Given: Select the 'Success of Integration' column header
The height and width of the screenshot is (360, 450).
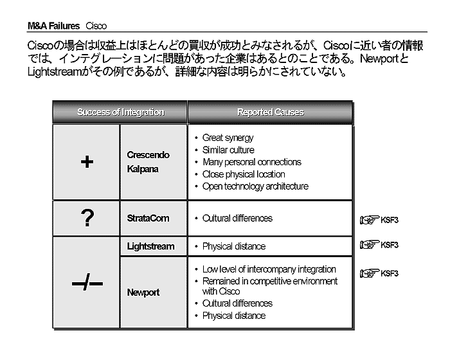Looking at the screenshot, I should [120, 112].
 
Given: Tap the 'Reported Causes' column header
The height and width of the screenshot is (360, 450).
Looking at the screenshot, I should [270, 112].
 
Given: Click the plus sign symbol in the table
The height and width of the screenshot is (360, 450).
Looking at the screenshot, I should [87, 162].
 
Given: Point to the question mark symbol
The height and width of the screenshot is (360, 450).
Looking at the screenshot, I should [87, 219].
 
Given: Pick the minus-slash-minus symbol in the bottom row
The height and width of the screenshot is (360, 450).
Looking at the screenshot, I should [87, 283].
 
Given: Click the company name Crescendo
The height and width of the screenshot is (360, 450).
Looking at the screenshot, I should [148, 156].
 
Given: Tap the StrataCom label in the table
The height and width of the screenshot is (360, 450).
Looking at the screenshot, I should [148, 219].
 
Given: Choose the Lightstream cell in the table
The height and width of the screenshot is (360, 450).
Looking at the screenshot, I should [151, 246].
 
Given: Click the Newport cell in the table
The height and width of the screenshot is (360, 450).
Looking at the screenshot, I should [143, 292].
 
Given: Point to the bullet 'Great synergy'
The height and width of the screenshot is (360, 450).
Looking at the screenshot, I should [228, 138].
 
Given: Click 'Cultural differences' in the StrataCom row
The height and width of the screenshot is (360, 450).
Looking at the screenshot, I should [237, 219].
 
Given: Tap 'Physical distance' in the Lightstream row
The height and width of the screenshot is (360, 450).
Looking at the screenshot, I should [233, 246].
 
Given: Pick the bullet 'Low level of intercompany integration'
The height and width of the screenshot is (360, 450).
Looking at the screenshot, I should [269, 269].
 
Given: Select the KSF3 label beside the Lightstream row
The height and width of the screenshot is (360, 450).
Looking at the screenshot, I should [390, 245].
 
